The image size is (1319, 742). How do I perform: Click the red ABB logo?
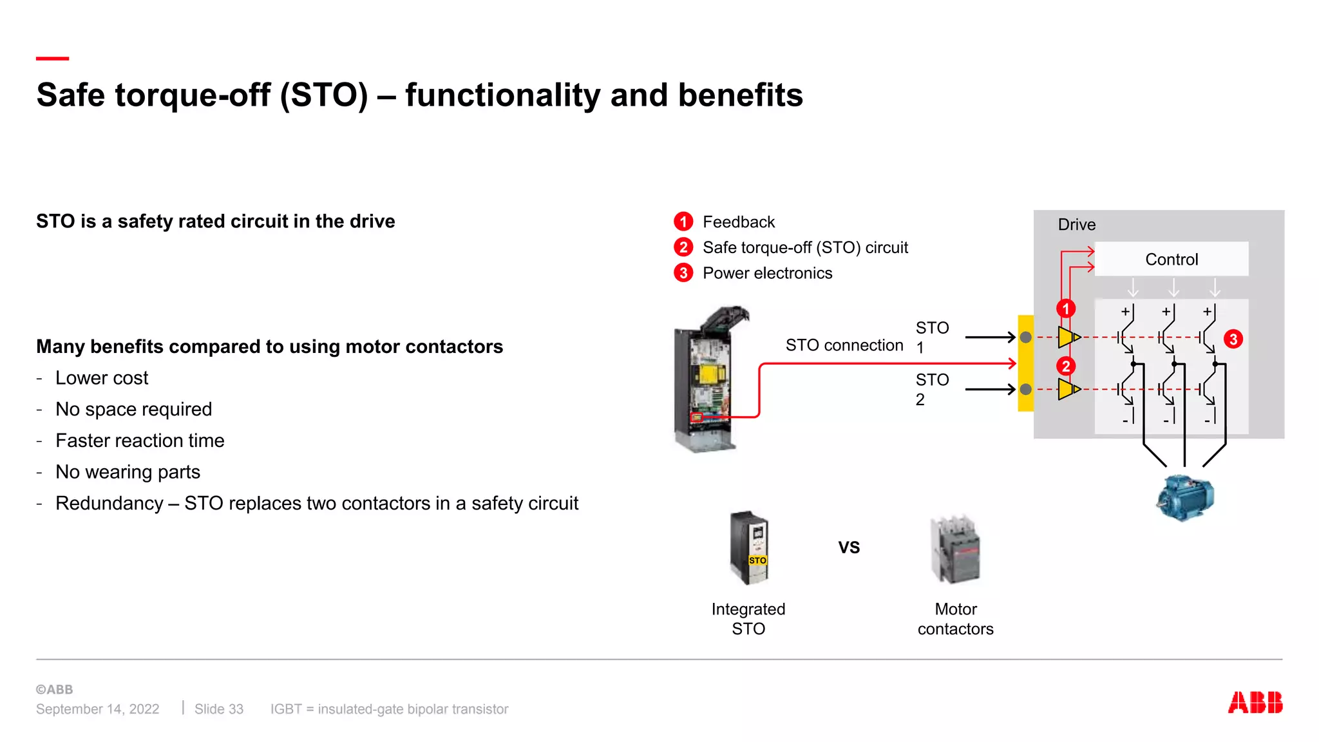[1255, 702]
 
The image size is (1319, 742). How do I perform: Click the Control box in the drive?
[1171, 259]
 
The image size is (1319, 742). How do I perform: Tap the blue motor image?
[1185, 497]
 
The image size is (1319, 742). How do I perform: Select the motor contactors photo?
[955, 549]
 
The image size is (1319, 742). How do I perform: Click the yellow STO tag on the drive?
[757, 560]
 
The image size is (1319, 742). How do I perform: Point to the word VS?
[849, 547]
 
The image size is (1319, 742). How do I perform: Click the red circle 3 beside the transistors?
[1233, 339]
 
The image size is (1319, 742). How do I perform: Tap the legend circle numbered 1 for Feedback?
[683, 222]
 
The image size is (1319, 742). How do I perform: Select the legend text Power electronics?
[767, 273]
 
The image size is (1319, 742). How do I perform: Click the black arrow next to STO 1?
[990, 337]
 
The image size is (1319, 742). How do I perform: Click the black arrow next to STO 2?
[990, 389]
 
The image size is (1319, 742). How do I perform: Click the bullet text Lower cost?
[102, 378]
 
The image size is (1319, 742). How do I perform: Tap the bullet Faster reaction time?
[140, 441]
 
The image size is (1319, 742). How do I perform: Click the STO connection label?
[844, 345]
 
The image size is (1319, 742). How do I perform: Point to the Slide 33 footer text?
[219, 709]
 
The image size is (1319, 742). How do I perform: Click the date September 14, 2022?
[97, 709]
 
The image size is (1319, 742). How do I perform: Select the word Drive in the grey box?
[1076, 225]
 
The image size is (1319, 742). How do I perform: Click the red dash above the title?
[52, 59]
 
